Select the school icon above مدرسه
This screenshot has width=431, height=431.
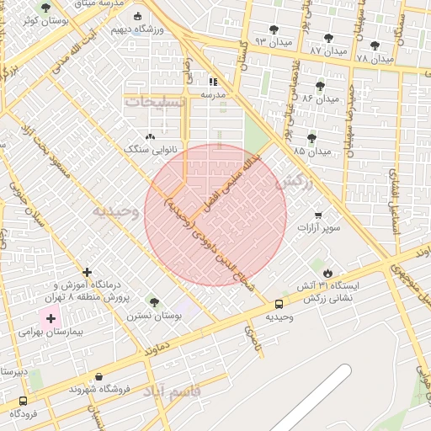[x=213, y=82]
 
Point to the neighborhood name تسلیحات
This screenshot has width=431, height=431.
[x=153, y=102]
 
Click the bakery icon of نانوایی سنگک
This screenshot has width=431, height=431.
[x=151, y=136]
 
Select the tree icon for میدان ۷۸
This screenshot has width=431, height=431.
[x=375, y=46]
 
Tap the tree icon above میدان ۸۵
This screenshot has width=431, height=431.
[x=312, y=138]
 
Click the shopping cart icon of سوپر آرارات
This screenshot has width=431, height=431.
[x=318, y=215]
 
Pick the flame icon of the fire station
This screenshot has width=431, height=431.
[x=327, y=274]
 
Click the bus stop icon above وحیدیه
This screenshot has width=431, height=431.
[x=279, y=304]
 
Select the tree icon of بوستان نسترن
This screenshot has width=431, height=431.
[x=153, y=301]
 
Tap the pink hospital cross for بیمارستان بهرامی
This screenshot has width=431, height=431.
[x=51, y=318]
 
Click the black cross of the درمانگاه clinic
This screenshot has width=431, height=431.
[x=88, y=272]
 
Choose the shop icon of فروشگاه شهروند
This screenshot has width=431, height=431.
[x=100, y=376]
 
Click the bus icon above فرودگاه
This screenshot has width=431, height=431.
[x=23, y=401]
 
